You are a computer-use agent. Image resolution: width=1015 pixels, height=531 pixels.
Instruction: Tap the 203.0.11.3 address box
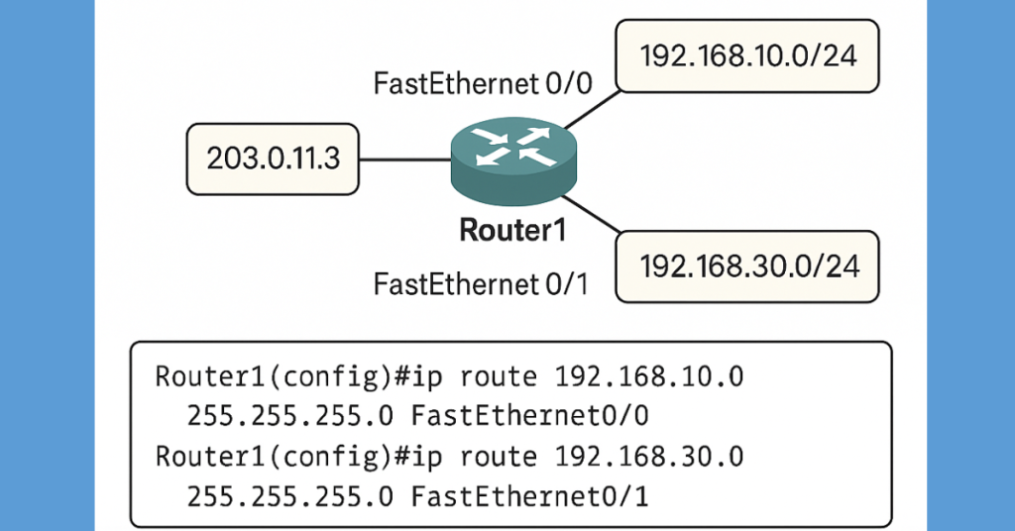[x=272, y=159]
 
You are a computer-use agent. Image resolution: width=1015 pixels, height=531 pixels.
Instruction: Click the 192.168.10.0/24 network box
[x=746, y=55]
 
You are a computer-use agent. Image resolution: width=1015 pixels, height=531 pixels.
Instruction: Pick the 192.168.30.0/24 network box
[x=746, y=266]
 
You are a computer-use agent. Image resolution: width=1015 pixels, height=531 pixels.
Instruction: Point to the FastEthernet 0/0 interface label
[x=482, y=83]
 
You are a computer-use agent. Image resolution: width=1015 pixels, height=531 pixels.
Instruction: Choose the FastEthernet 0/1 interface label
[x=482, y=285]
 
